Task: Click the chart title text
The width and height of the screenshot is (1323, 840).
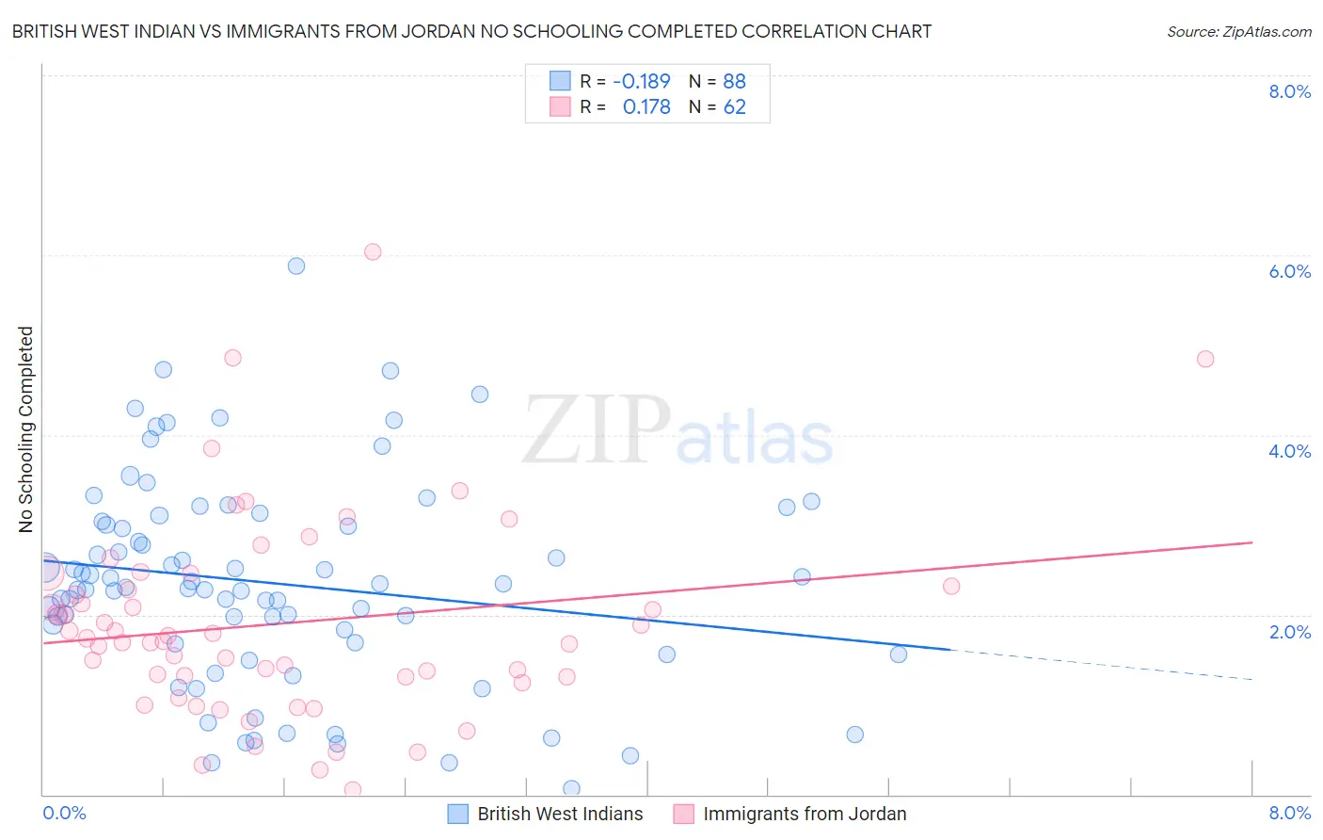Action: click(x=471, y=31)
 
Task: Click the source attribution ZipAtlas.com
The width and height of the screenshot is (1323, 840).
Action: click(x=1238, y=31)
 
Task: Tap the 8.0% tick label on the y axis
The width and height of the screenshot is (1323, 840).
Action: click(x=1289, y=91)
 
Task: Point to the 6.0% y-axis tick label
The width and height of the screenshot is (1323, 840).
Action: click(x=1289, y=271)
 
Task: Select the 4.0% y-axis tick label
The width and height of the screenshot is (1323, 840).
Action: click(x=1289, y=451)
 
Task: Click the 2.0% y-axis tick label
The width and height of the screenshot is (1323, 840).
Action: click(x=1289, y=632)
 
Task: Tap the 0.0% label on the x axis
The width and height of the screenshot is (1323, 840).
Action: click(x=64, y=813)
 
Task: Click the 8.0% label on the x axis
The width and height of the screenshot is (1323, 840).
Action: click(x=1289, y=813)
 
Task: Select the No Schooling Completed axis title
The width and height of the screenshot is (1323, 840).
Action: click(x=26, y=429)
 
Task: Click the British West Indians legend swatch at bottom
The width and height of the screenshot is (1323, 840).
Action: click(x=458, y=814)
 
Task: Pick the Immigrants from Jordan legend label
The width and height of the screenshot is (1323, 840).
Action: click(x=805, y=814)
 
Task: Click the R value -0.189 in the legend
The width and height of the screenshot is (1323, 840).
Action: click(x=642, y=81)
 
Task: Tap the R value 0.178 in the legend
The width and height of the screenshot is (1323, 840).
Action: click(x=646, y=106)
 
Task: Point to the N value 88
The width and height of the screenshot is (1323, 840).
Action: click(x=734, y=81)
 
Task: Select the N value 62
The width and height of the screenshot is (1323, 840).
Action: click(x=734, y=106)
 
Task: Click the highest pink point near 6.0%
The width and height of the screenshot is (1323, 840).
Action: click(x=373, y=251)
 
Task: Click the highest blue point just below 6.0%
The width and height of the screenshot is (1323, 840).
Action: click(x=296, y=266)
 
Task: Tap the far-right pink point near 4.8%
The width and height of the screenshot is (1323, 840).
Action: click(x=1205, y=359)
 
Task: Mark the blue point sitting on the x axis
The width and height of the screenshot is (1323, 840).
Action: click(x=571, y=788)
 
